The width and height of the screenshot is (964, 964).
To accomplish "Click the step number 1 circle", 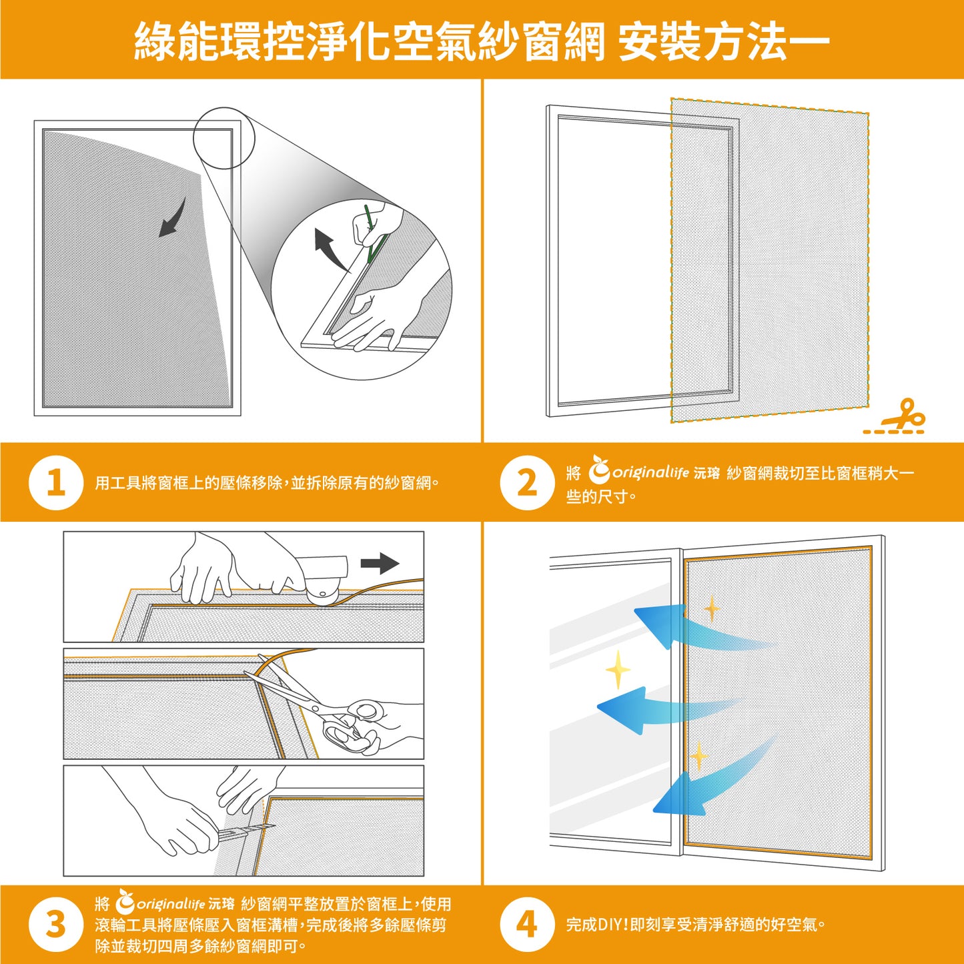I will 56,482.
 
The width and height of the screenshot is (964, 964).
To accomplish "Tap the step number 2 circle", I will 527,482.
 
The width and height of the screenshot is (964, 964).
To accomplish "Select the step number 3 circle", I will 56,925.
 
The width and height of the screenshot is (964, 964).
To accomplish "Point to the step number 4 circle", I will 527,925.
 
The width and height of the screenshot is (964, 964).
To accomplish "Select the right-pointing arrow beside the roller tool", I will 380,563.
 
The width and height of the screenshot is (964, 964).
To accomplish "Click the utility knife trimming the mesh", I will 244,831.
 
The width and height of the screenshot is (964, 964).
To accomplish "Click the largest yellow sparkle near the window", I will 618,669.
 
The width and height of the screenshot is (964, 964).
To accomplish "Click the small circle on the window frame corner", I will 224,138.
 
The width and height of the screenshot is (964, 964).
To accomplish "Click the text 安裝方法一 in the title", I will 723,41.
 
